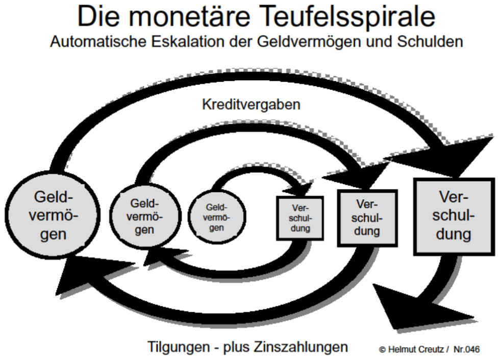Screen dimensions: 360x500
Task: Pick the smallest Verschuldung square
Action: (x=301, y=219)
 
